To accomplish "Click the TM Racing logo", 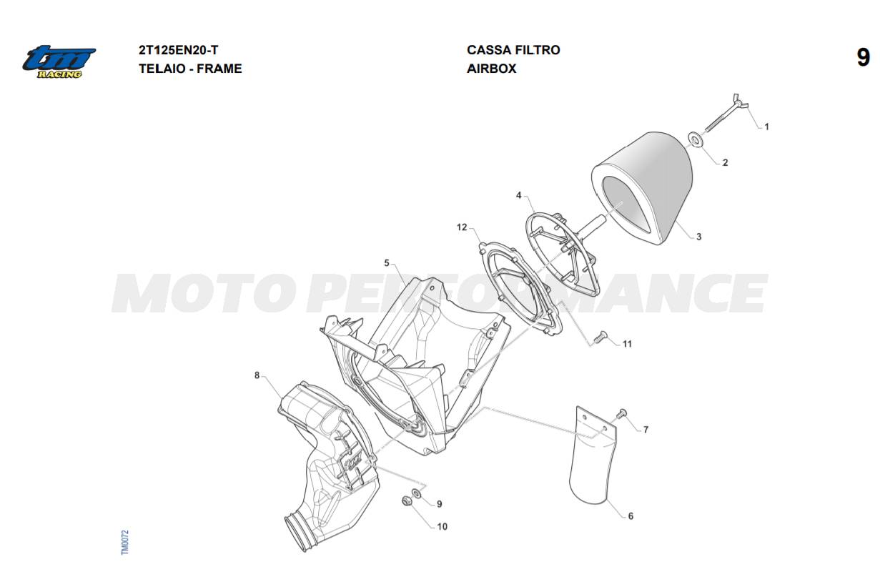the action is (59, 62).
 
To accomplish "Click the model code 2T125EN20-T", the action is (178, 50).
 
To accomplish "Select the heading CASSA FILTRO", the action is (513, 50).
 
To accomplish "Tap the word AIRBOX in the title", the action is (491, 69).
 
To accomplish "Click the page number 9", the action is (863, 58).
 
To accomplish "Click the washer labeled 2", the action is (696, 139).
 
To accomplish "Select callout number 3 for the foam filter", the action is (698, 237).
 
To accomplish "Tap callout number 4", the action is (518, 195).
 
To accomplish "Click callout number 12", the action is (462, 227).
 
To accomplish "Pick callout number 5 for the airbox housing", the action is (387, 263).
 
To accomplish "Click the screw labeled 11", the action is (600, 337).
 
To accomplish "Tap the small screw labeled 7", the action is (621, 413).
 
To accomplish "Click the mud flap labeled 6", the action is (593, 455).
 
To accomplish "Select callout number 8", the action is (257, 375).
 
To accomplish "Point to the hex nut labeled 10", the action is (407, 500).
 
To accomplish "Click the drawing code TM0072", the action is (125, 543).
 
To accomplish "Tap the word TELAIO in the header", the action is (162, 69).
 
